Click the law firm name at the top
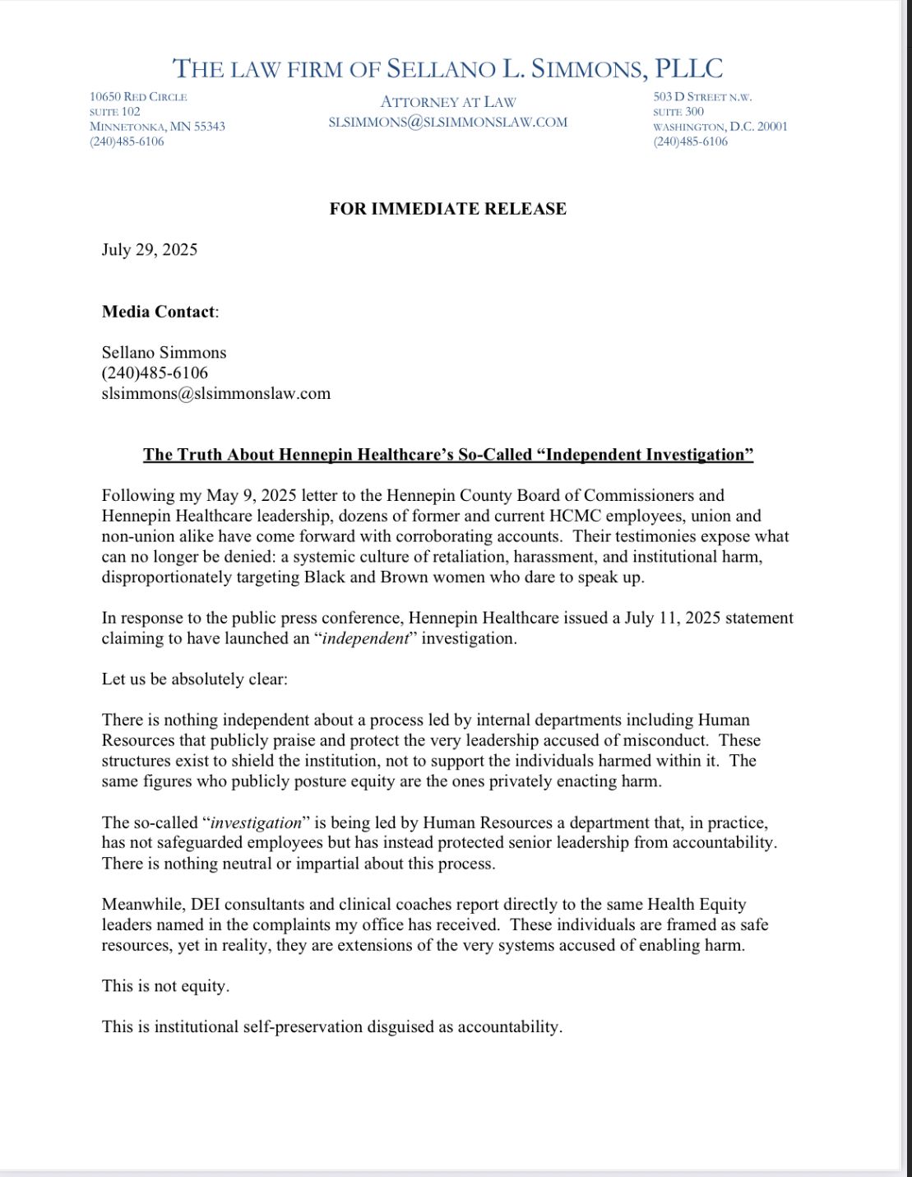tap(448, 67)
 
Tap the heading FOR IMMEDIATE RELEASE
tap(448, 209)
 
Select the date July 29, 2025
tap(150, 250)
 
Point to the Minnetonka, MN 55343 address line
tap(157, 127)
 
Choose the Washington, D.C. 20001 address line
tap(720, 127)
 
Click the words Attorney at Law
tap(448, 102)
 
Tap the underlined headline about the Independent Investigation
tap(448, 455)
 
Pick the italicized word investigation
tap(257, 823)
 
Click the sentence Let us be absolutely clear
tap(195, 679)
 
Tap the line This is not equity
tap(165, 986)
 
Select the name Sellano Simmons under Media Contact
tap(164, 353)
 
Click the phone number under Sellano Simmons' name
tap(155, 373)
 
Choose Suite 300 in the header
tap(678, 112)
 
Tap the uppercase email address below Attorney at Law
tap(448, 122)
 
